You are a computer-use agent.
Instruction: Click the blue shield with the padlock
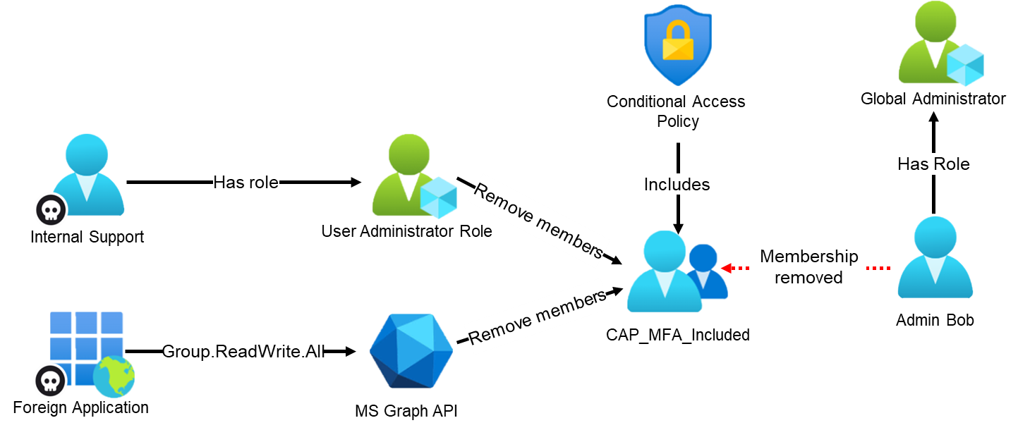[x=677, y=44]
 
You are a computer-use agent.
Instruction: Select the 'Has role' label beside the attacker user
[x=246, y=183]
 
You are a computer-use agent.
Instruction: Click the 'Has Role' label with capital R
[x=933, y=164]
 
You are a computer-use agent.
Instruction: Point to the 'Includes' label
[x=677, y=185]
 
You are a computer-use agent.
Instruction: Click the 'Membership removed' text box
[x=808, y=266]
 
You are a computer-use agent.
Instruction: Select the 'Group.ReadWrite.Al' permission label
[x=242, y=352]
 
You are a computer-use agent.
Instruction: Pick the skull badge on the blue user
[x=51, y=210]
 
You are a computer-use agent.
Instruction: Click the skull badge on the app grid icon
[x=51, y=381]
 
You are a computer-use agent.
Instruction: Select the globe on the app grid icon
[x=114, y=377]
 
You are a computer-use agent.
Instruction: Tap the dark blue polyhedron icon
[x=411, y=351]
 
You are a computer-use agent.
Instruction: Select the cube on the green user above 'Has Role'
[x=964, y=65]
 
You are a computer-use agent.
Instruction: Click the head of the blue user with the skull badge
[x=87, y=152]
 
